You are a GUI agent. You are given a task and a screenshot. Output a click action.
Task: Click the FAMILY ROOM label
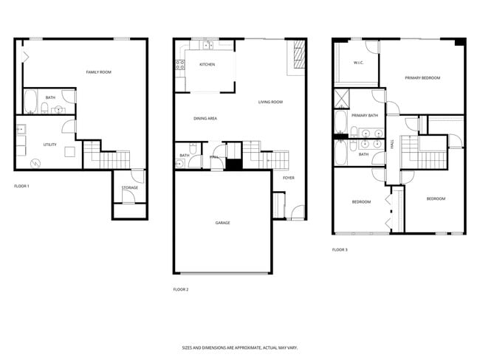point(98,72)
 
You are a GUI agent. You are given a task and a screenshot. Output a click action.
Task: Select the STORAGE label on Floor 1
point(129,187)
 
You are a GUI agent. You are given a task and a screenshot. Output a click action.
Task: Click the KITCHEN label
point(207,65)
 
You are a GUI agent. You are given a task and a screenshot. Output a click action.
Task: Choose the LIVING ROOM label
point(270,102)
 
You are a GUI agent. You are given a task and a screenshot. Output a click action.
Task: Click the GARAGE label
point(223,222)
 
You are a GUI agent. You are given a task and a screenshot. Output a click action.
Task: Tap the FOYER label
point(288,177)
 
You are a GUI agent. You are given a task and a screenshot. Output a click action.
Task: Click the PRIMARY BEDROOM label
point(422,77)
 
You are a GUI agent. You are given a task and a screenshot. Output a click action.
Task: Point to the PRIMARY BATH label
point(364,115)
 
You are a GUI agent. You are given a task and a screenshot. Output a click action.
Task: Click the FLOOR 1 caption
point(22,185)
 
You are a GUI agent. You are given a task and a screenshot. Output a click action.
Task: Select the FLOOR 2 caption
point(180,289)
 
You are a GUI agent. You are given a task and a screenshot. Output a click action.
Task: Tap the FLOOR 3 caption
point(340,249)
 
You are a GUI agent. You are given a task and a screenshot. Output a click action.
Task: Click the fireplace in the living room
point(299,55)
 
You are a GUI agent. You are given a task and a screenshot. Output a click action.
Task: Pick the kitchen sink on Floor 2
point(208,45)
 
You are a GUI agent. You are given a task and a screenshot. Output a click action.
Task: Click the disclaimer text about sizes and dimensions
point(240,347)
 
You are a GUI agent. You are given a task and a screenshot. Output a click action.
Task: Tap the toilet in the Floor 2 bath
point(191,147)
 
